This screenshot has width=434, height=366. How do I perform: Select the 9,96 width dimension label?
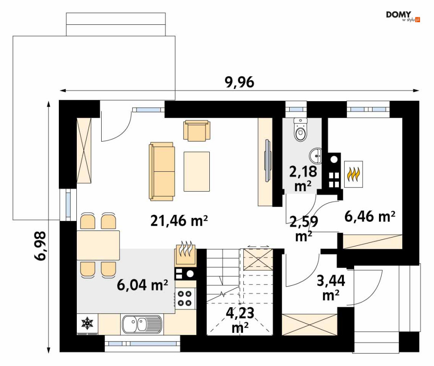tap(239, 82)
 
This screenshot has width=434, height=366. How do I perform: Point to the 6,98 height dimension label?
tap(40, 246)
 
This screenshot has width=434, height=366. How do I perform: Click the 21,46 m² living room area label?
tap(179, 220)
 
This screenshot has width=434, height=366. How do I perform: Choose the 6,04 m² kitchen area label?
tap(142, 285)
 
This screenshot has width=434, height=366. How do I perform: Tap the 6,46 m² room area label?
tap(370, 216)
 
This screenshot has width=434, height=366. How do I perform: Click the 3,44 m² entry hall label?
tap(331, 288)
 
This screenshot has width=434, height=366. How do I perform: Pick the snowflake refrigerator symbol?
tap(87, 323)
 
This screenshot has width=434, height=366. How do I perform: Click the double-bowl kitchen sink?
tap(142, 324)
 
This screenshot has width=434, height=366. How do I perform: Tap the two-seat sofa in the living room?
tap(162, 171)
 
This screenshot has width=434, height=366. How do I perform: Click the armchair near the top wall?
tap(197, 130)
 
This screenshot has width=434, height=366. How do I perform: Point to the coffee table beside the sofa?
tap(197, 171)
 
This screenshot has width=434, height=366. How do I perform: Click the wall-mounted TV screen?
tap(268, 161)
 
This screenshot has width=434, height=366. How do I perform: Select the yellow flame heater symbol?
tap(353, 174)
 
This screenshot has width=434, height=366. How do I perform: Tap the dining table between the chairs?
tap(98, 245)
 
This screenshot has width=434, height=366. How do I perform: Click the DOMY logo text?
tap(399, 15)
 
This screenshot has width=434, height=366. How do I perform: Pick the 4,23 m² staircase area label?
tap(240, 320)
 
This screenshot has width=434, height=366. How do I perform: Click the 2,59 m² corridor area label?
tap(304, 229)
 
